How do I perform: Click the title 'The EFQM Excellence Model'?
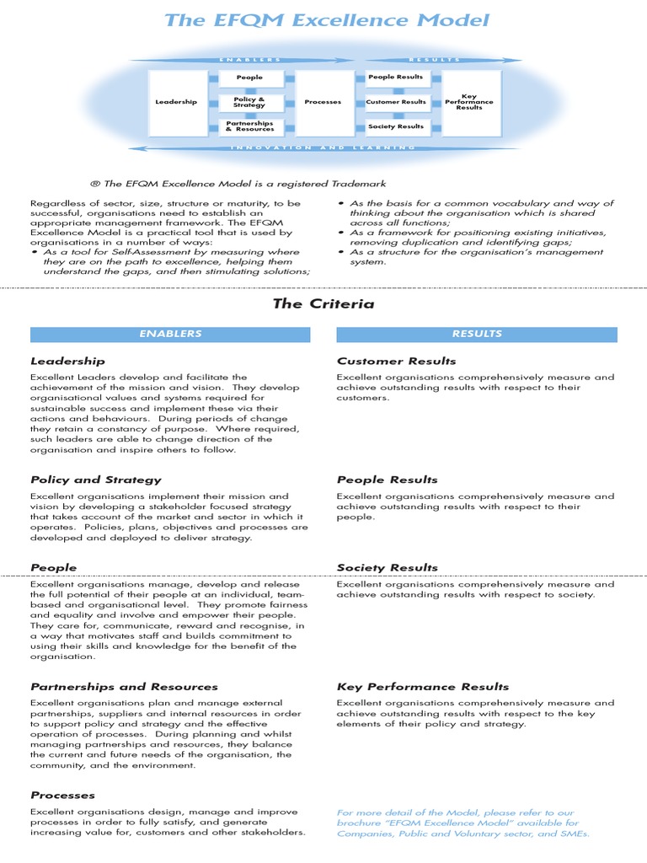[x=327, y=20]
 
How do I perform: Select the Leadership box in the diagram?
[x=176, y=102]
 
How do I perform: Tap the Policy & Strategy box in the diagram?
[x=249, y=102]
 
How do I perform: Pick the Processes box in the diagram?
[x=323, y=102]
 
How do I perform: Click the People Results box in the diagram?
[x=396, y=78]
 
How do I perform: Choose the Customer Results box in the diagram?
[x=396, y=102]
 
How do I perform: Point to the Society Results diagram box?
[x=396, y=126]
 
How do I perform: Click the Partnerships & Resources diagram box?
[x=249, y=126]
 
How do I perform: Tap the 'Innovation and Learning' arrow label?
[x=323, y=147]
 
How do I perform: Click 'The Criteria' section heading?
[x=323, y=303]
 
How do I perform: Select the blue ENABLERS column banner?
[x=170, y=335]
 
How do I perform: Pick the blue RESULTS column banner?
[x=477, y=335]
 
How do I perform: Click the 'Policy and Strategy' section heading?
[x=95, y=480]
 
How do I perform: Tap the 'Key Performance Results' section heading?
[x=423, y=686]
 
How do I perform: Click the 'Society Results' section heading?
[x=388, y=567]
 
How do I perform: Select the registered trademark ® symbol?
[x=94, y=184]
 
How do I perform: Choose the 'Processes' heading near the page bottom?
[x=62, y=795]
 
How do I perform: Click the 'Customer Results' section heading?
[x=396, y=361]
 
